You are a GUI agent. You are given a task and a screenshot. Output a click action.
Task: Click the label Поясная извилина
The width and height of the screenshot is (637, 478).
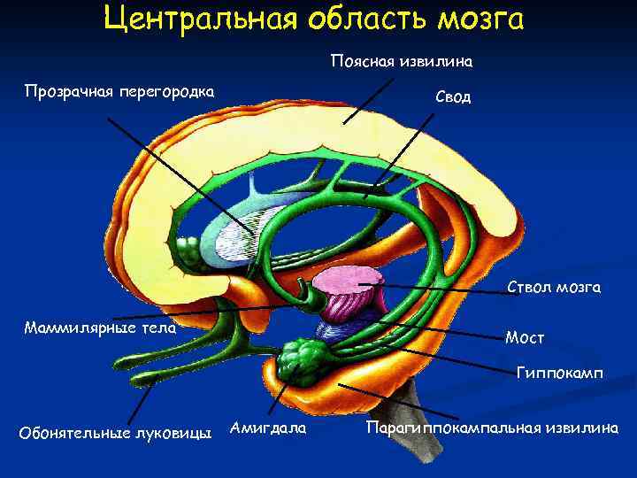402,62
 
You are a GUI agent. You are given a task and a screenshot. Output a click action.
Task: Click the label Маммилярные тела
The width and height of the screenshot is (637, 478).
99,328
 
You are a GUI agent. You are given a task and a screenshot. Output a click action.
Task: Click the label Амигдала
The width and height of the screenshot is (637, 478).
268,428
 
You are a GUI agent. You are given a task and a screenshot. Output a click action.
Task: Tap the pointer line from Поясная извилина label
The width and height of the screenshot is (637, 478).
370,98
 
